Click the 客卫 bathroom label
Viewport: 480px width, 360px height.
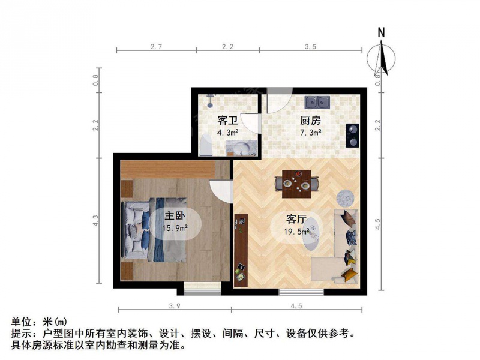pos(228,121)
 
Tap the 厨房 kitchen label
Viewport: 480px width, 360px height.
pos(310,121)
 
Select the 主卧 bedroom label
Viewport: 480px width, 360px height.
pos(175,216)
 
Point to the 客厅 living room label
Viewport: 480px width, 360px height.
pos(296,219)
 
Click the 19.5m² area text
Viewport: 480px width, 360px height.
pos(296,232)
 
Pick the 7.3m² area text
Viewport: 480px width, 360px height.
pos(310,133)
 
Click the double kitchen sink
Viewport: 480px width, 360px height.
pos(317,102)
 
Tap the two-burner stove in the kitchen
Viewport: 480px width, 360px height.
pos(352,136)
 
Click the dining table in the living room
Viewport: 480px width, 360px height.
pos(296,184)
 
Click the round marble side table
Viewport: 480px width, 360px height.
pos(346,197)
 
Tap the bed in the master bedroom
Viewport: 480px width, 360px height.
pos(155,230)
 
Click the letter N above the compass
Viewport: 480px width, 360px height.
pos(381,32)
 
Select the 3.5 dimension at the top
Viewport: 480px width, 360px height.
pos(310,47)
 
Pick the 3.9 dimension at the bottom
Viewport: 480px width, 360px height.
pos(175,306)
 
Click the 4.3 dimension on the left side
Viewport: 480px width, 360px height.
pos(95,221)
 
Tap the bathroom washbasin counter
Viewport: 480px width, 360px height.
pos(241,148)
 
